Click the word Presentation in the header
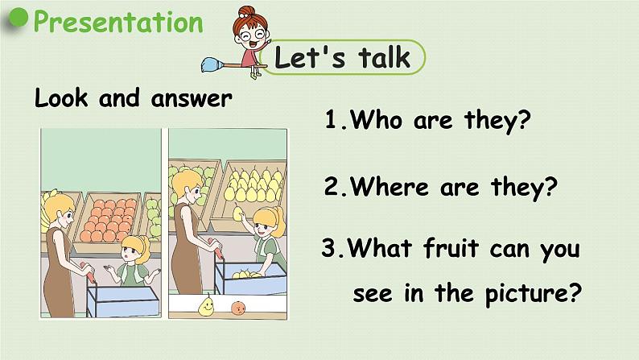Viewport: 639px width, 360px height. (x=118, y=22)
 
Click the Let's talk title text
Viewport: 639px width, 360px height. (x=342, y=57)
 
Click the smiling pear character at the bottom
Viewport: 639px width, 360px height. (x=207, y=305)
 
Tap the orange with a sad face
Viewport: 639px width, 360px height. (x=237, y=306)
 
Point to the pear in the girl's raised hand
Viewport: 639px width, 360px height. (x=239, y=213)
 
